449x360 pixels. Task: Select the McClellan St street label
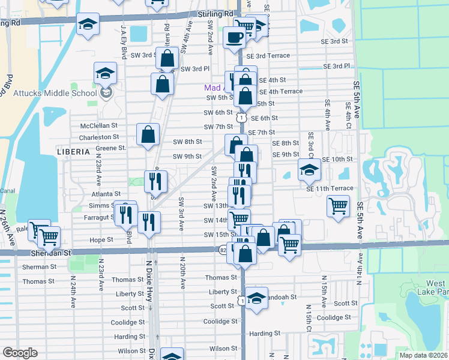coord(100,126)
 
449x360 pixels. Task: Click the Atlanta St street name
coord(106,194)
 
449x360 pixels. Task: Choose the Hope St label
coord(101,239)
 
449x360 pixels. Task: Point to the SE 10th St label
coord(337,159)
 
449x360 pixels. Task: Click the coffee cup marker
coord(234,37)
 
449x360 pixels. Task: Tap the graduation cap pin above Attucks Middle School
coord(106,73)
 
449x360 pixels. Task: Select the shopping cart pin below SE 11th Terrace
coord(339,206)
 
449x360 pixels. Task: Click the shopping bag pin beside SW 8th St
coord(148,136)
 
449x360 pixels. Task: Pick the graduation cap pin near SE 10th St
coord(309,170)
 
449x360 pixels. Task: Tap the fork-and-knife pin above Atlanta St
coord(155,181)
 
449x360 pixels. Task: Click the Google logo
coord(20,353)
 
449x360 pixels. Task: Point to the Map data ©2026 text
coord(423,355)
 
